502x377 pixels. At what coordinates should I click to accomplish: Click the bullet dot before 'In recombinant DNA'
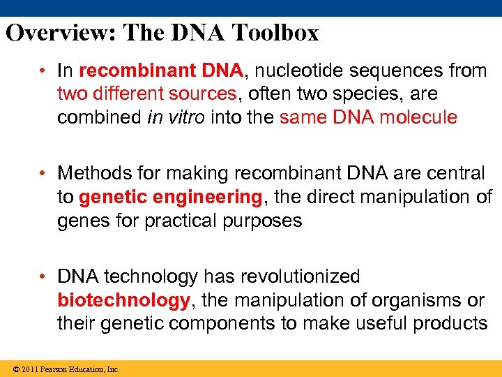(43, 71)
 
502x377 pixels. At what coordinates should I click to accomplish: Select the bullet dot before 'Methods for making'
(43, 173)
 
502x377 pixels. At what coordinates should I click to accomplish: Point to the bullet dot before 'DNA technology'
(43, 277)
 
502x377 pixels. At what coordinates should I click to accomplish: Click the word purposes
(259, 221)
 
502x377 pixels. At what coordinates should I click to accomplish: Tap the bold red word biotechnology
(123, 300)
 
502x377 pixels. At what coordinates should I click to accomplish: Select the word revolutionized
(300, 277)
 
